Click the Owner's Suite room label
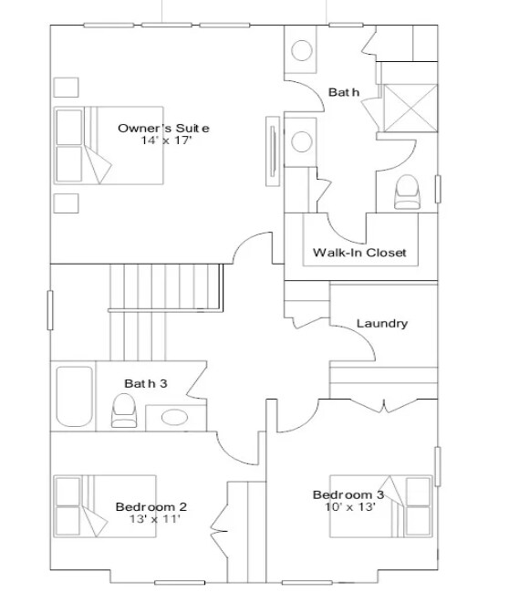coord(163,129)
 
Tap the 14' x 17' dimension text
coord(167,140)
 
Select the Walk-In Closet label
coord(359,252)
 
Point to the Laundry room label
coord(382,323)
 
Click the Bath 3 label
coord(145,383)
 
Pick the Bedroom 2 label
coord(151,506)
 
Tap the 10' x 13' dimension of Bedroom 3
coord(350,507)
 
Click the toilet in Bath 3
coord(124,410)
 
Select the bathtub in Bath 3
coord(75,396)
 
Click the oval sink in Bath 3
coord(174,417)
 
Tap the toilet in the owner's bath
coord(407,192)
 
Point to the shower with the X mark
coord(410,108)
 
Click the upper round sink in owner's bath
coord(302,50)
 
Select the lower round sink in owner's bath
coord(302,141)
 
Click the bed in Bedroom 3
coord(381,506)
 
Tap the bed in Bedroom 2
coord(105,506)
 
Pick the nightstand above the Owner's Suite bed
coord(66,88)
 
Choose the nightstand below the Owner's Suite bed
coord(66,203)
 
